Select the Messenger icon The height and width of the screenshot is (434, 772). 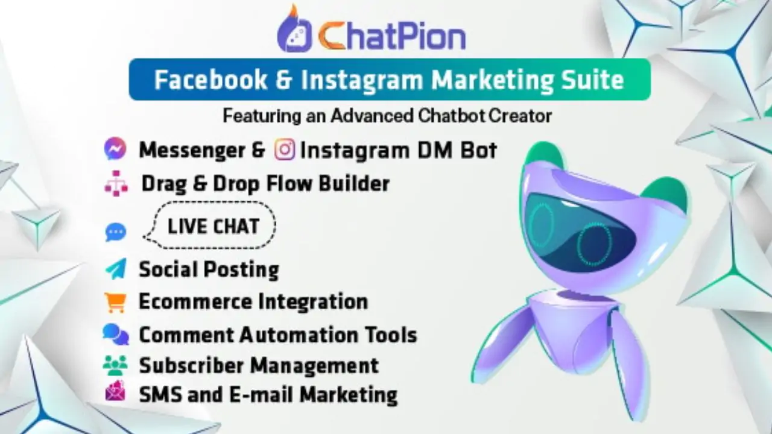tap(115, 149)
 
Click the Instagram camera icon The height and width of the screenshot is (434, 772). tap(285, 149)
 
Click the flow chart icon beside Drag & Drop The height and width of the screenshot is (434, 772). tap(116, 184)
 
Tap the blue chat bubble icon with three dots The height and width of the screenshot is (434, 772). tap(116, 232)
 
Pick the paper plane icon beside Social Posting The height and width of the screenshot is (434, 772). tap(116, 269)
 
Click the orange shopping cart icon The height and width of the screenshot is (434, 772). tap(115, 301)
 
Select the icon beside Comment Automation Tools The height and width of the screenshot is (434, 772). tap(116, 334)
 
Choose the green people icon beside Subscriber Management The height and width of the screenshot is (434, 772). tap(115, 365)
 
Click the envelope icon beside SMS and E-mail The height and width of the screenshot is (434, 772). tap(115, 393)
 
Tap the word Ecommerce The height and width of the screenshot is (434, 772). tap(195, 301)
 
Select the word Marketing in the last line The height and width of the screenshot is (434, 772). tap(349, 395)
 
